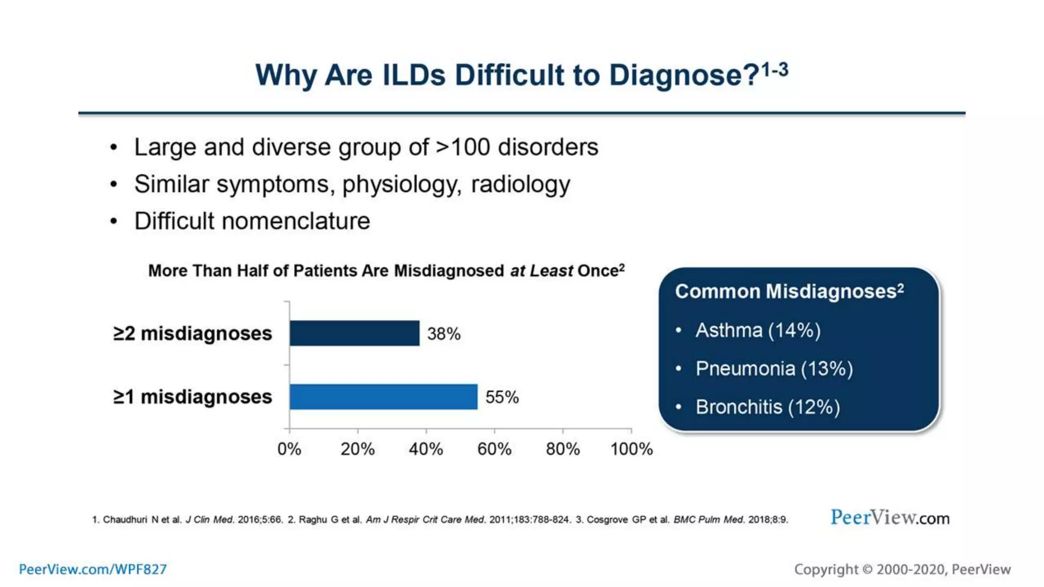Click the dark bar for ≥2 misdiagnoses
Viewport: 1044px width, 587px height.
coord(354,333)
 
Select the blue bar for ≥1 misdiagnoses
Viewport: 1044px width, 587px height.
coord(383,396)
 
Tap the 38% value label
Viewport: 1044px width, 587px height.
coord(443,334)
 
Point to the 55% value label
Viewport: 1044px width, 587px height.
coord(502,397)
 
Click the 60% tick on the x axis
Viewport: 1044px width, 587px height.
coord(494,448)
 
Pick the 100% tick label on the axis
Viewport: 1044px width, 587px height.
coord(631,448)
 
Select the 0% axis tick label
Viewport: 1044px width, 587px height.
coord(289,448)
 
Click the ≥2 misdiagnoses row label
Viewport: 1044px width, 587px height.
coord(193,333)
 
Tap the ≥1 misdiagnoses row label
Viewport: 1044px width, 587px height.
coord(193,396)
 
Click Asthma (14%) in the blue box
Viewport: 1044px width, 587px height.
coord(758,330)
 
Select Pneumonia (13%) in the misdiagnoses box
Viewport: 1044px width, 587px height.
coord(774,368)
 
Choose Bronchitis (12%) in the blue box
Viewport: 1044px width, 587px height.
coord(767,407)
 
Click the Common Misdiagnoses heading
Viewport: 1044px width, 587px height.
coord(789,291)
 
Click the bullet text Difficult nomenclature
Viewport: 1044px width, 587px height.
coord(252,221)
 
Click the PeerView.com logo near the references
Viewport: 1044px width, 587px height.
coord(890,518)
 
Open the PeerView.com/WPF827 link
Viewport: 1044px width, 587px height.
coord(93,569)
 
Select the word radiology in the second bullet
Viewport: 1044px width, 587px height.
coord(520,184)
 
